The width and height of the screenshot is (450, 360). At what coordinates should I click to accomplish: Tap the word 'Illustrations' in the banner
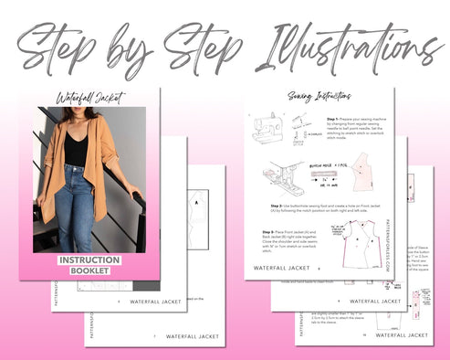point(333,41)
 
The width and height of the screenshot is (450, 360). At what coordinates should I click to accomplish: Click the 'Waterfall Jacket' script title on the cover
point(89,98)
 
